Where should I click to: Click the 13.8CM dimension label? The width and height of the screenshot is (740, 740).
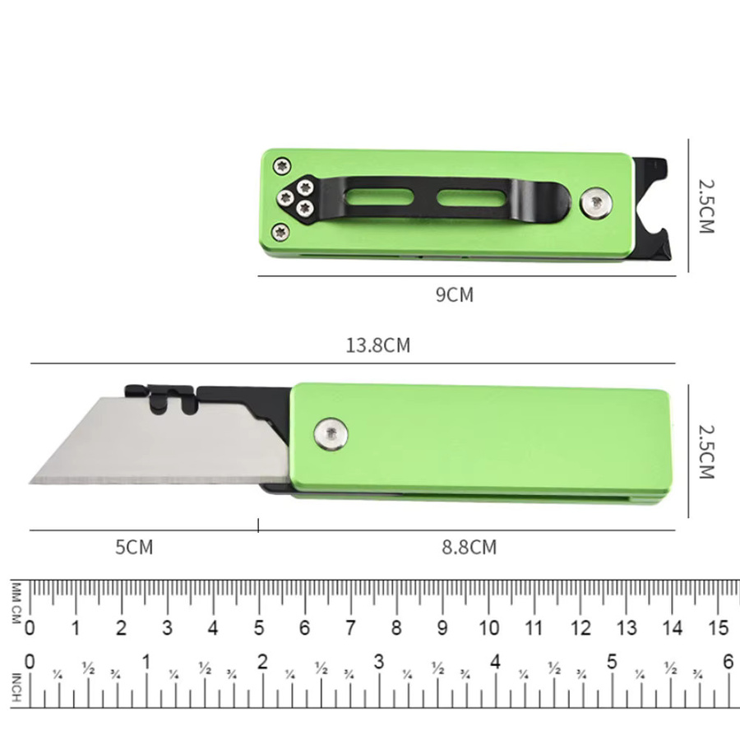(x=378, y=345)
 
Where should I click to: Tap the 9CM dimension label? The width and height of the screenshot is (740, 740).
(x=455, y=294)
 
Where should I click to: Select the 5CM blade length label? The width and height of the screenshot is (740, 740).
(x=135, y=548)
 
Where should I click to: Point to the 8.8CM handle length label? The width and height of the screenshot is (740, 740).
(x=469, y=548)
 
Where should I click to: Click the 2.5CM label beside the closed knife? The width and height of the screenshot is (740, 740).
(x=706, y=206)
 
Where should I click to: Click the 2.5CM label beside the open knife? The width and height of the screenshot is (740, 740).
(x=706, y=451)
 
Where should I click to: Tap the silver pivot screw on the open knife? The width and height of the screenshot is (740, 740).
(x=331, y=433)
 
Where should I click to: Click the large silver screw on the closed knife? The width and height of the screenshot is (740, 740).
(x=596, y=203)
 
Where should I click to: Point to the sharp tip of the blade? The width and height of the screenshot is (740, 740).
(x=30, y=483)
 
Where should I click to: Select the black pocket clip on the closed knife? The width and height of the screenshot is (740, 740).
(x=425, y=197)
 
